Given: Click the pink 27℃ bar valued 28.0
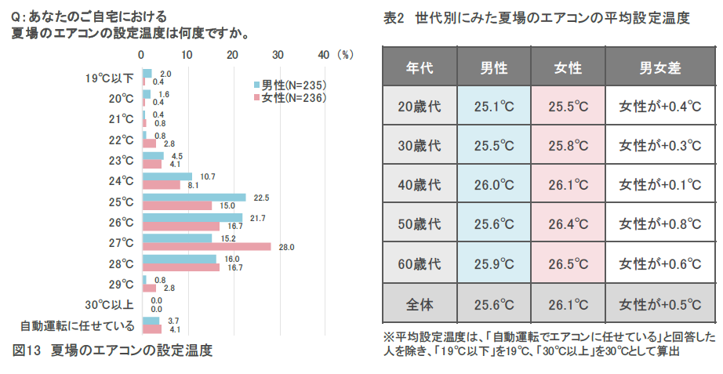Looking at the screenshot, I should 206,247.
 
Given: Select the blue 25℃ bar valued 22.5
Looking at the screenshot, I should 194,198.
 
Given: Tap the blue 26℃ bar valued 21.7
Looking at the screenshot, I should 192,218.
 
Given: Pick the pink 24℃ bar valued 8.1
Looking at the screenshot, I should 161,186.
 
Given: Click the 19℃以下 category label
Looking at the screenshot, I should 111,78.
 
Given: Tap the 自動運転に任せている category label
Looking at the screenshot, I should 77,325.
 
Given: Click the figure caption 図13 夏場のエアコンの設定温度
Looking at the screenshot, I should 113,350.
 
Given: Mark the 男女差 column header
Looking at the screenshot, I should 660,68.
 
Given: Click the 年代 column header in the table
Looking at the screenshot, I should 420,68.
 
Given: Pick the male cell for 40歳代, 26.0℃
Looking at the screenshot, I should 494,186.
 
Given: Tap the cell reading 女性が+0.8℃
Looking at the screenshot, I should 660,225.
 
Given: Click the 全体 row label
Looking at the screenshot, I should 420,303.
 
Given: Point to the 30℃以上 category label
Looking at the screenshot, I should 109,305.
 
